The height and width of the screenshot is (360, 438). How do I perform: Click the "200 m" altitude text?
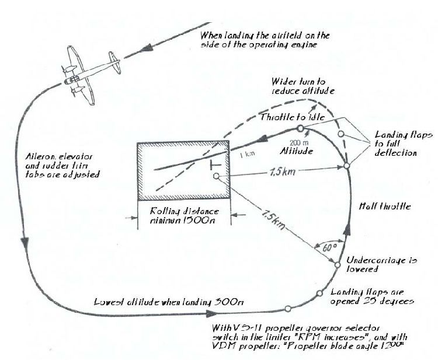298,141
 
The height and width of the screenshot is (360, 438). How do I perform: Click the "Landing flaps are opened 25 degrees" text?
373,297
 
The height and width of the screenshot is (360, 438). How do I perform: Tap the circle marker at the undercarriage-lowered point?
338,265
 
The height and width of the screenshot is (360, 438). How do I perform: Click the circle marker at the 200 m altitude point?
300,128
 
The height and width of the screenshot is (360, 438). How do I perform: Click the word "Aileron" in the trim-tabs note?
42,157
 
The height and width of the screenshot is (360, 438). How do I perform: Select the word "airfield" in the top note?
295,35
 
